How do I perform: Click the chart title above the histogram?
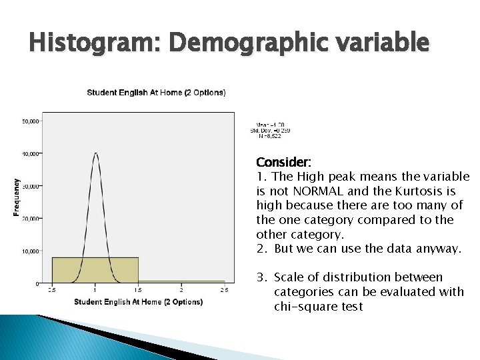coord(157,92)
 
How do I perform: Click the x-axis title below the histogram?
coord(139,303)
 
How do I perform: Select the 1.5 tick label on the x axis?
coord(138,290)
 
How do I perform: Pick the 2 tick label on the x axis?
coord(181,290)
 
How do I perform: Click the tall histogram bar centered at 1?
coord(95,269)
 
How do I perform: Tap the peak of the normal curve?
coord(95,154)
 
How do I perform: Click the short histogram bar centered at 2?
coord(181,281)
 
